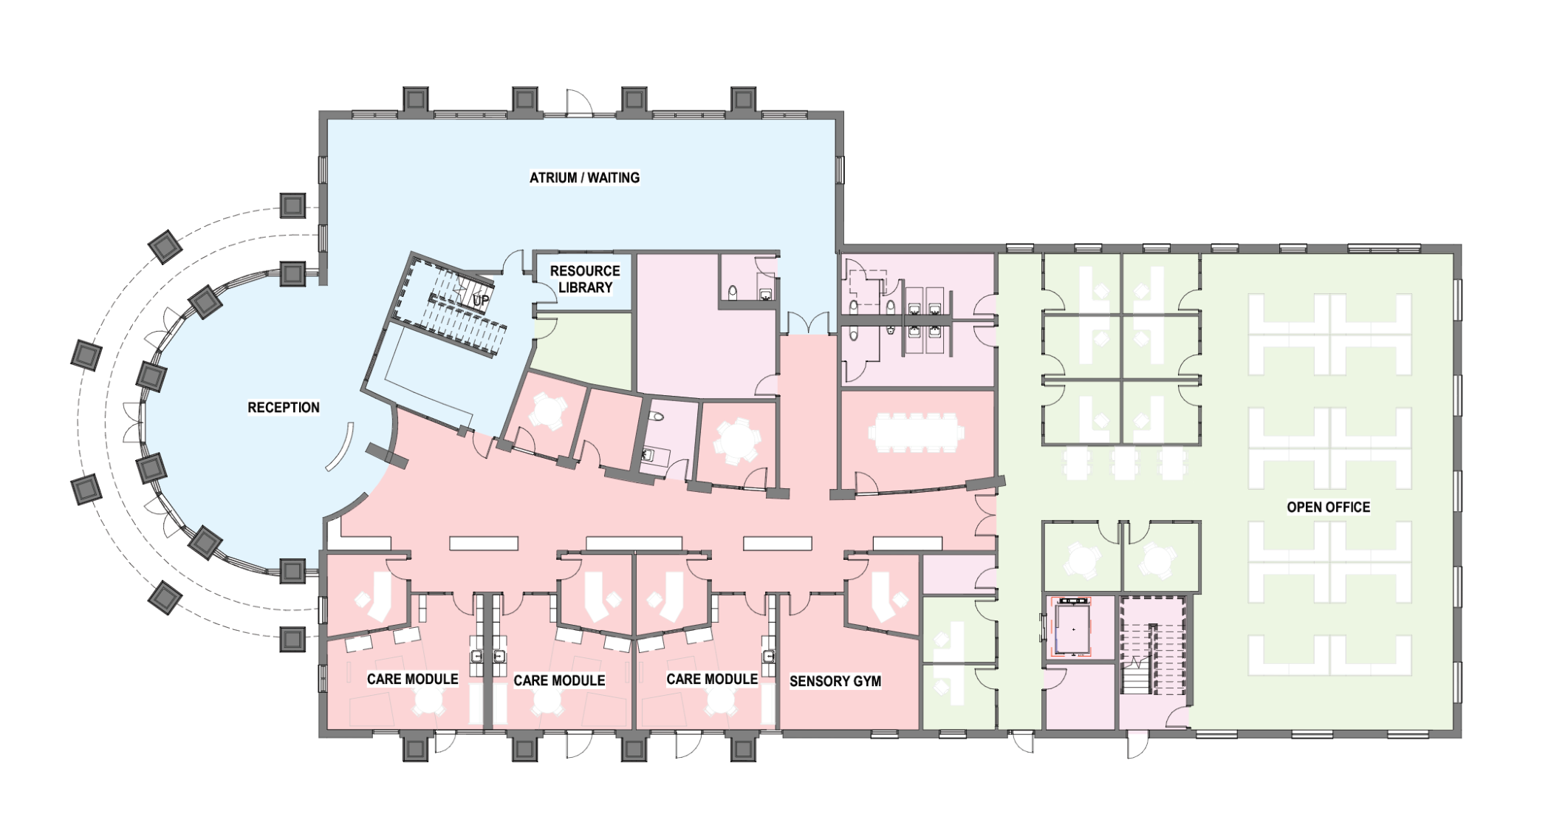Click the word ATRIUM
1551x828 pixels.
tap(553, 178)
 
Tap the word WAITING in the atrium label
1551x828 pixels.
tap(613, 178)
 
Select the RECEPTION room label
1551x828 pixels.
tap(284, 408)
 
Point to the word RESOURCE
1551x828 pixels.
tap(585, 271)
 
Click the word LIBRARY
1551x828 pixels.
tap(585, 287)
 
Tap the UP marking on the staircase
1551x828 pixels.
tap(481, 301)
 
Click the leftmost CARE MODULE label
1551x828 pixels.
tap(413, 679)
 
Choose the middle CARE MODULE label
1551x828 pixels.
tap(559, 680)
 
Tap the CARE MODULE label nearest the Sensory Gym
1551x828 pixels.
tap(712, 679)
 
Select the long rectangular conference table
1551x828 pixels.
tap(917, 432)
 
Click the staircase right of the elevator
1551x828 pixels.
tap(1152, 646)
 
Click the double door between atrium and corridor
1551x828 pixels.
tap(808, 324)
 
